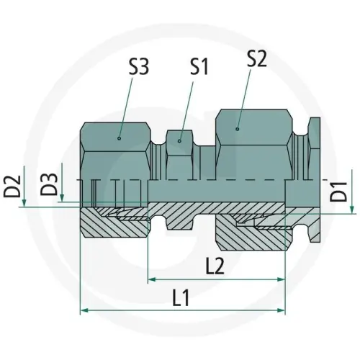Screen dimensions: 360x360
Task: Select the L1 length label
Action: [x=184, y=297]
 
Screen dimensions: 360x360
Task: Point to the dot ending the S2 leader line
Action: [x=238, y=128]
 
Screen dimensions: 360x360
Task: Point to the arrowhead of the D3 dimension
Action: [x=63, y=197]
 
